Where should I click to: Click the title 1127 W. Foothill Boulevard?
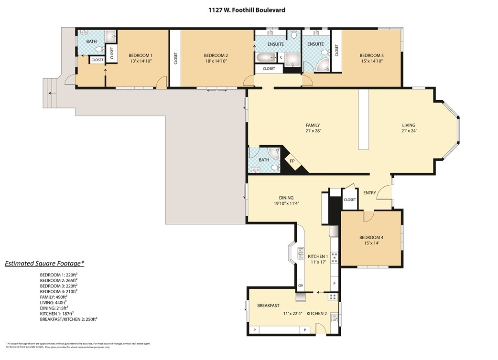(x=249, y=9)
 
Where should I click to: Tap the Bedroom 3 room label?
(x=371, y=55)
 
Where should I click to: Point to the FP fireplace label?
(x=292, y=161)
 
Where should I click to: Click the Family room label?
(x=313, y=125)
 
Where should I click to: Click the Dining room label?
(x=286, y=198)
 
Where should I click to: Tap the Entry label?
(x=369, y=193)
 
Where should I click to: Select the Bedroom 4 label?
(x=371, y=237)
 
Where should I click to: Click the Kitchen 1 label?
(x=317, y=256)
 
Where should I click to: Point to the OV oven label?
(x=301, y=286)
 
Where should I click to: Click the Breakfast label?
(x=268, y=306)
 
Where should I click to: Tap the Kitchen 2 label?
(x=316, y=313)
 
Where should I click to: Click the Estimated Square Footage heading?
(x=44, y=263)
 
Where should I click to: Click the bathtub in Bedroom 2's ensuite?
(x=265, y=58)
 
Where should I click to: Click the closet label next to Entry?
(x=350, y=200)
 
